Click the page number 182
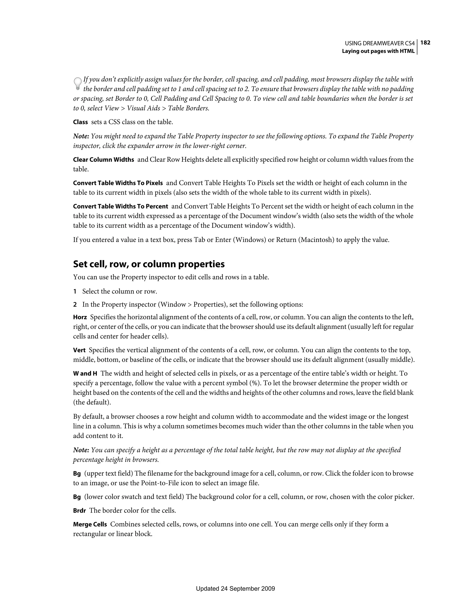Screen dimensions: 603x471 [425, 43]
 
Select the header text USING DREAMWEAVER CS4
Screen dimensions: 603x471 [380, 43]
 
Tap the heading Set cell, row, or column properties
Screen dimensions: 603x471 [149, 264]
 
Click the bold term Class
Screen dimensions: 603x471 [80, 122]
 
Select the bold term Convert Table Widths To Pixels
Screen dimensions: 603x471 [118, 183]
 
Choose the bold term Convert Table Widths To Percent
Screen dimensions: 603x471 [121, 206]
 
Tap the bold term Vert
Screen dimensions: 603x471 [79, 350]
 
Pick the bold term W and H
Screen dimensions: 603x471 [85, 374]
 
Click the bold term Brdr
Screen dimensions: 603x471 [80, 510]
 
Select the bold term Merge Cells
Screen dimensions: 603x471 [90, 524]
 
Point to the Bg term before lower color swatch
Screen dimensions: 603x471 [77, 497]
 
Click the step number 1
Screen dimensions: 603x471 [75, 291]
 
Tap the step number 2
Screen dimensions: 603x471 [75, 304]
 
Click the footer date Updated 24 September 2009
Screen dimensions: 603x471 [235, 589]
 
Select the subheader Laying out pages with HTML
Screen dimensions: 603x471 [378, 51]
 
